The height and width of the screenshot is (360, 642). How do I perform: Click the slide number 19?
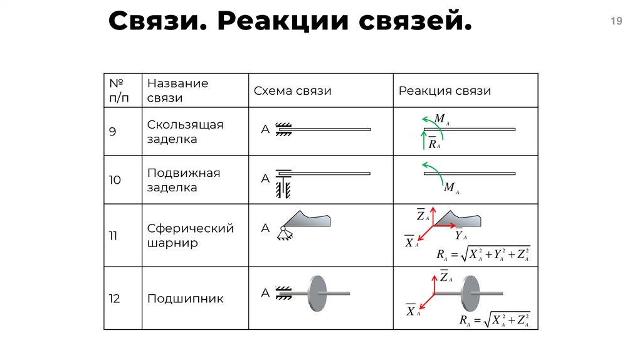(x=616, y=21)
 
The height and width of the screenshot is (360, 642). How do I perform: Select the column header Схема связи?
(x=292, y=91)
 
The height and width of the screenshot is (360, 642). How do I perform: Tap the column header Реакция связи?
(x=445, y=91)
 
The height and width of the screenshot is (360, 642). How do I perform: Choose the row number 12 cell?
(x=114, y=299)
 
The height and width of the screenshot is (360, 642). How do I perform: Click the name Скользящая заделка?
(x=185, y=132)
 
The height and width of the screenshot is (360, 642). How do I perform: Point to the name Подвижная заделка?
(x=184, y=180)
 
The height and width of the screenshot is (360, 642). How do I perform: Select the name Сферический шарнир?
(x=190, y=235)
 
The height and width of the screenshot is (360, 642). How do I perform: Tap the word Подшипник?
(x=185, y=299)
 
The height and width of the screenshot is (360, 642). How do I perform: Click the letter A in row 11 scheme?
(x=265, y=228)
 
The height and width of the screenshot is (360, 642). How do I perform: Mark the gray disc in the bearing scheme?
(x=317, y=294)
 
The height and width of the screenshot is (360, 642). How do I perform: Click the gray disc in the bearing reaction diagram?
(x=470, y=292)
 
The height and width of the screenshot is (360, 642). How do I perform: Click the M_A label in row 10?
(x=451, y=188)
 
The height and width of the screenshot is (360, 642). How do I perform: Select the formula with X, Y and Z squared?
(x=483, y=254)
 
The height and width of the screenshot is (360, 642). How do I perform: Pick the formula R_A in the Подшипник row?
(x=494, y=320)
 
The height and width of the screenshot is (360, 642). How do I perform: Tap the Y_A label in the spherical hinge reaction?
(x=460, y=235)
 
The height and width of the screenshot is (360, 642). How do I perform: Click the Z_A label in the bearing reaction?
(x=444, y=277)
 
